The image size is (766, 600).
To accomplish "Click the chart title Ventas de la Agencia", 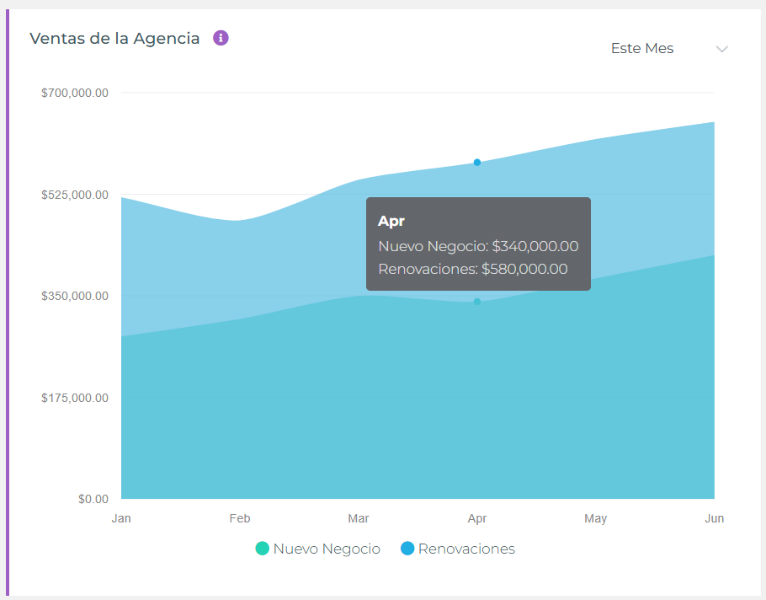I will point(114,39).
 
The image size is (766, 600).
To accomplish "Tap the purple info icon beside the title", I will point(221,38).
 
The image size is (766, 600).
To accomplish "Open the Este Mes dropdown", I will point(642,49).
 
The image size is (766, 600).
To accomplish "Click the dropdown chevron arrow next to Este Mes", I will point(721,49).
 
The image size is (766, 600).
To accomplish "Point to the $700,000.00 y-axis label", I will point(75,93).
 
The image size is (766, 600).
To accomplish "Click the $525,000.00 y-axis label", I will point(75,195).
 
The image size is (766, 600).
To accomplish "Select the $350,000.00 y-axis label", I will point(75,296).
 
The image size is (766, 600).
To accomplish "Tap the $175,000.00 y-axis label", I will point(75,398).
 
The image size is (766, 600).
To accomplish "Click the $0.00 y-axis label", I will point(93,499).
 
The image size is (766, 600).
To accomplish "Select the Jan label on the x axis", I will point(121,518).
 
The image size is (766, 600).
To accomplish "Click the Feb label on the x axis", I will point(240,518).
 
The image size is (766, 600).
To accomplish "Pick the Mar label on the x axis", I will point(359,518).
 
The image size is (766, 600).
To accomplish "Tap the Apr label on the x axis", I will point(477,518).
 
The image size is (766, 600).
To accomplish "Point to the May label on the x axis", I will point(595,518).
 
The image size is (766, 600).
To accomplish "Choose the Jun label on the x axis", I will point(714,518).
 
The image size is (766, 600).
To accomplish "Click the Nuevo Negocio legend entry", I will point(318,549).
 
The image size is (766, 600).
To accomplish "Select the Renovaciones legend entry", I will point(458,549).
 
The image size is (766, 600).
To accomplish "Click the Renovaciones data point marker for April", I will point(477,163).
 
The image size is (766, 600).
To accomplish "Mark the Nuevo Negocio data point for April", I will point(477,302).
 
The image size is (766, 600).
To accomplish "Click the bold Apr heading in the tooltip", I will point(391,221).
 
